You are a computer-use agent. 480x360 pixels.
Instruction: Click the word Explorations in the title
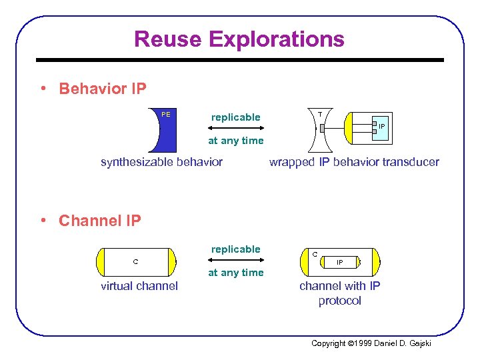pyautogui.click(x=277, y=39)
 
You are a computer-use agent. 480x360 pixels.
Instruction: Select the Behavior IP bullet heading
pyautogui.click(x=102, y=89)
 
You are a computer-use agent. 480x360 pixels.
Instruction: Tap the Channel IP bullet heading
pyautogui.click(x=99, y=221)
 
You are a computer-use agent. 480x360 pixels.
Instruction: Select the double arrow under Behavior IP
pyautogui.click(x=235, y=129)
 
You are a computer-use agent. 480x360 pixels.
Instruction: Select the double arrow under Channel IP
pyautogui.click(x=235, y=261)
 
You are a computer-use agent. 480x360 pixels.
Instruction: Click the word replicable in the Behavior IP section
pyautogui.click(x=235, y=117)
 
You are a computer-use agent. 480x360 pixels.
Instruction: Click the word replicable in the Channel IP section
pyautogui.click(x=235, y=249)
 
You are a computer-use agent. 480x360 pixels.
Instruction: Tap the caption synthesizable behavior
pyautogui.click(x=161, y=162)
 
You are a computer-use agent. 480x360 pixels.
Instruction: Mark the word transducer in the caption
pyautogui.click(x=407, y=162)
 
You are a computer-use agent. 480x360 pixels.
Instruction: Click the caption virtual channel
pyautogui.click(x=139, y=286)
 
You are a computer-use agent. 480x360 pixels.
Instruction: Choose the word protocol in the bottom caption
pyautogui.click(x=339, y=301)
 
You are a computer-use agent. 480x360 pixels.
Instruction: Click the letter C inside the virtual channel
pyautogui.click(x=135, y=261)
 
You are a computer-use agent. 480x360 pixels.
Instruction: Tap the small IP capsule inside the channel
pyautogui.click(x=339, y=263)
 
